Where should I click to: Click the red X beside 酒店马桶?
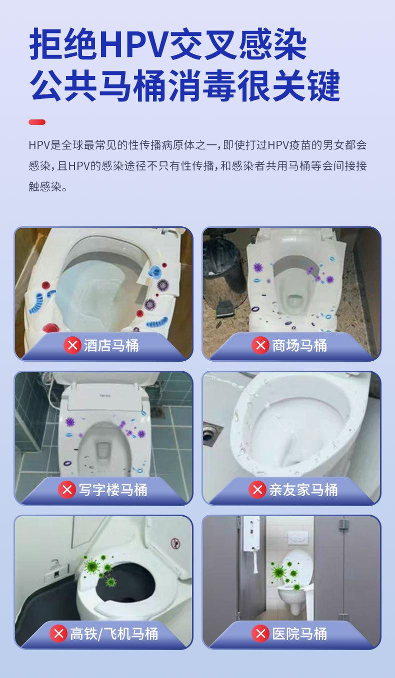click(x=72, y=345)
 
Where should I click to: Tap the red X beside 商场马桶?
click(x=260, y=345)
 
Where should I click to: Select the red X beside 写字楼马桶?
click(x=67, y=490)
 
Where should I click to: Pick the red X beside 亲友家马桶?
click(x=257, y=490)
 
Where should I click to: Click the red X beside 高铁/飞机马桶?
click(x=58, y=634)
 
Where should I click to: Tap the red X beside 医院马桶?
click(x=260, y=634)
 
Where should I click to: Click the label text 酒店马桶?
click(x=111, y=345)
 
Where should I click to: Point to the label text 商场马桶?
click(x=299, y=345)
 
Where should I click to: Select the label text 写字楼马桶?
click(x=113, y=490)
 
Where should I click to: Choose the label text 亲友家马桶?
click(x=303, y=490)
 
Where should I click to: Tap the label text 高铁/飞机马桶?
click(x=114, y=634)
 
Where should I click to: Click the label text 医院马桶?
click(x=299, y=634)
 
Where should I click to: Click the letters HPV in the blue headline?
click(x=133, y=44)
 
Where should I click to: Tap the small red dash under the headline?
click(x=37, y=122)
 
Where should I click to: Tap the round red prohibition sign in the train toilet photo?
click(x=175, y=543)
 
